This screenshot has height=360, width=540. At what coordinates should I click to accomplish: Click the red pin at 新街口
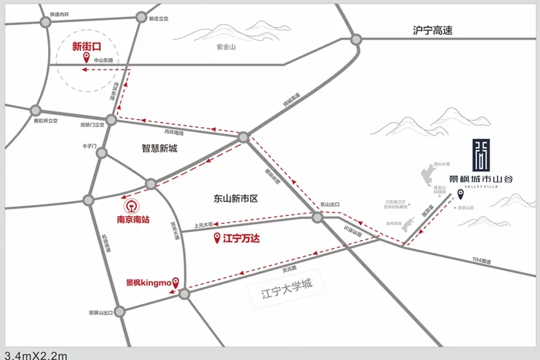(86, 58)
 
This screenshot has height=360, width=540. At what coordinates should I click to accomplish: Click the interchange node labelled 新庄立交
(142, 17)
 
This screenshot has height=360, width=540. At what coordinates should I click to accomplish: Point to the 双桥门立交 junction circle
(111, 119)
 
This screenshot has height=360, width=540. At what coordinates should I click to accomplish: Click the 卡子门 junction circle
(102, 153)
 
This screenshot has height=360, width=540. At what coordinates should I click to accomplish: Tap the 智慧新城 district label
(160, 148)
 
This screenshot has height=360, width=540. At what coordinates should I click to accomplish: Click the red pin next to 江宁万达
(217, 239)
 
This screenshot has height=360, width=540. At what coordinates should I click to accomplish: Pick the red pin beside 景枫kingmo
(176, 281)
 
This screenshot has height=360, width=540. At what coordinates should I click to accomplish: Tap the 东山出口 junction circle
(317, 217)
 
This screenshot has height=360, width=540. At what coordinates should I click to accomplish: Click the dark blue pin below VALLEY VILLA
(461, 193)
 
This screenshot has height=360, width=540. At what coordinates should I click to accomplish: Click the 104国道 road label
(481, 261)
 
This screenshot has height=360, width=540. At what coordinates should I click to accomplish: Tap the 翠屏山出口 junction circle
(121, 312)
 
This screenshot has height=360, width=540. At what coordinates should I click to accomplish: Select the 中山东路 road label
(103, 60)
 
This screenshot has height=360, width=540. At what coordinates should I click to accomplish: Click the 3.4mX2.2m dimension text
(36, 355)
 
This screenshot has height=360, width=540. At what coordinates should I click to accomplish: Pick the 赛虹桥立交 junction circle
(35, 110)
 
